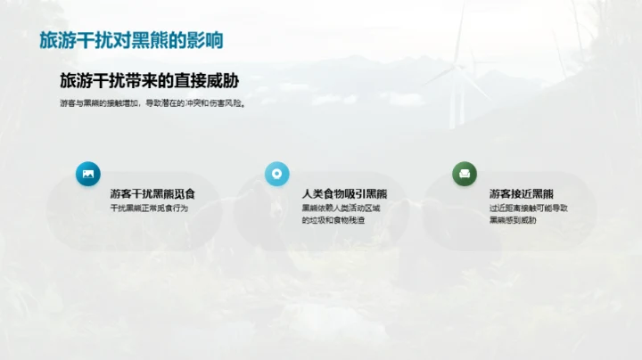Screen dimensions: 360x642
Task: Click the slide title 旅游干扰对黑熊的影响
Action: [131, 40]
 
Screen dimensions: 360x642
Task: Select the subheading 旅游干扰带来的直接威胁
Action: [149, 81]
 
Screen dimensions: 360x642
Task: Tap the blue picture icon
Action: [88, 174]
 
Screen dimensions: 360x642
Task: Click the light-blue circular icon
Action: [277, 174]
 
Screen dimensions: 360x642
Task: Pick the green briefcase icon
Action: [465, 174]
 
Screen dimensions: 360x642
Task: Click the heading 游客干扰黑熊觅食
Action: [152, 193]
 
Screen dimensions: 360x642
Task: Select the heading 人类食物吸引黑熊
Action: [344, 193]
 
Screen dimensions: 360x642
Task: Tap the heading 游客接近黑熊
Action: [522, 193]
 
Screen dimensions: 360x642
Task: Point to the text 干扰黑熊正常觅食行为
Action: [150, 208]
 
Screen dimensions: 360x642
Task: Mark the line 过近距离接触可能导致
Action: [529, 208]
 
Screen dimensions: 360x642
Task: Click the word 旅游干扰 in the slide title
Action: [76, 40]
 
